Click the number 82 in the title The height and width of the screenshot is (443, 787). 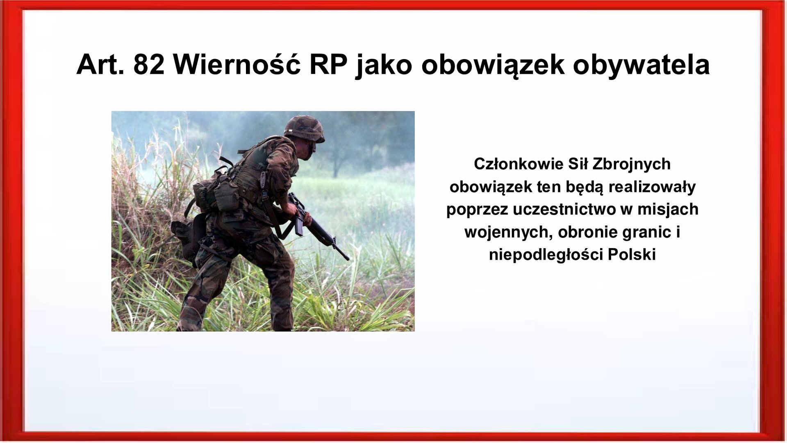(x=149, y=65)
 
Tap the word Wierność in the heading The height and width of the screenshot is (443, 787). (x=237, y=65)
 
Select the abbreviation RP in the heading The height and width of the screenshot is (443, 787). (x=328, y=65)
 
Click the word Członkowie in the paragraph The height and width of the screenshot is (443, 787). (x=519, y=164)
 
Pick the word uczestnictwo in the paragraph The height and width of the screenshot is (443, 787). (x=564, y=210)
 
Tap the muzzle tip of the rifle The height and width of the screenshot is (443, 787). (x=348, y=259)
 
